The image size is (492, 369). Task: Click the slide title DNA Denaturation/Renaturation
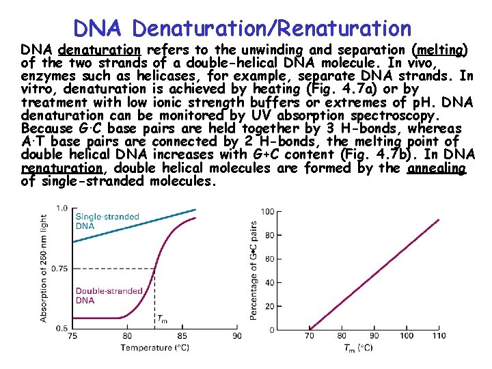point(242,28)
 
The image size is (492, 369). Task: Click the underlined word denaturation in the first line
point(99,50)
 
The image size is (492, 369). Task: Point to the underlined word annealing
point(436,168)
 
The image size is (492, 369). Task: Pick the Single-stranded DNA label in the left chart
point(107,221)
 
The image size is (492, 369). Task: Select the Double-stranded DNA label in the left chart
point(109,295)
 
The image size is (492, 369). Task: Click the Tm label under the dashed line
point(162,318)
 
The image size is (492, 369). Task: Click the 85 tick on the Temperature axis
point(182,336)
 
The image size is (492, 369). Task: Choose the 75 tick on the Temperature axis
point(72,336)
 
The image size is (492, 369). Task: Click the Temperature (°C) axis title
point(155,348)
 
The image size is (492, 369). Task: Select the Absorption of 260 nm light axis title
point(44,266)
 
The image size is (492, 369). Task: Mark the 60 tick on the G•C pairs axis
point(269,259)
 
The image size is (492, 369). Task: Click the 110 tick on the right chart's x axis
point(439,336)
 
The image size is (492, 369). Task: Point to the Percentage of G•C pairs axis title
point(254,270)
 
